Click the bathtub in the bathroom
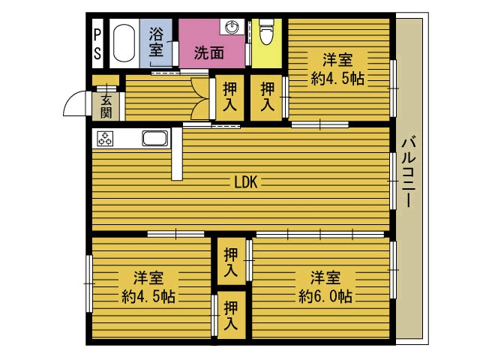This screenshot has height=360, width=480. [x=124, y=43]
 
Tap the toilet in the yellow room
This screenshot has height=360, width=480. [x=266, y=31]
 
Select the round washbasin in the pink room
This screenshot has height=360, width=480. [x=232, y=27]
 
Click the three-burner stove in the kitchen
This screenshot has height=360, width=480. [x=105, y=139]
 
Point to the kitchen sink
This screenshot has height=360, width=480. [x=156, y=138]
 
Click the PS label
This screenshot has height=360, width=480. [x=97, y=43]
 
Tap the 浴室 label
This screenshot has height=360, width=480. [x=156, y=42]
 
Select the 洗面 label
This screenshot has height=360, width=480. [x=209, y=53]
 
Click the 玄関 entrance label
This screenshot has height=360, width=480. [x=106, y=106]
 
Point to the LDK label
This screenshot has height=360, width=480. [x=246, y=182]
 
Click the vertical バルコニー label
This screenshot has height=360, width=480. [x=409, y=172]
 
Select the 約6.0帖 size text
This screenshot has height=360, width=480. [x=325, y=296]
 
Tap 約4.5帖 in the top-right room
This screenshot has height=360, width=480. [x=337, y=78]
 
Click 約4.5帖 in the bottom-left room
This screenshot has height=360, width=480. [x=148, y=296]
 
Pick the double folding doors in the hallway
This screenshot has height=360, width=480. [x=200, y=99]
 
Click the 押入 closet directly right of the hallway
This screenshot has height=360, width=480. [x=230, y=97]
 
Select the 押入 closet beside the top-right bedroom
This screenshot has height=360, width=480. [x=267, y=97]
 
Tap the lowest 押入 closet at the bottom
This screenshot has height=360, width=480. [x=231, y=315]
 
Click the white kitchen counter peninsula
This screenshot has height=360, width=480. [x=177, y=154]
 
